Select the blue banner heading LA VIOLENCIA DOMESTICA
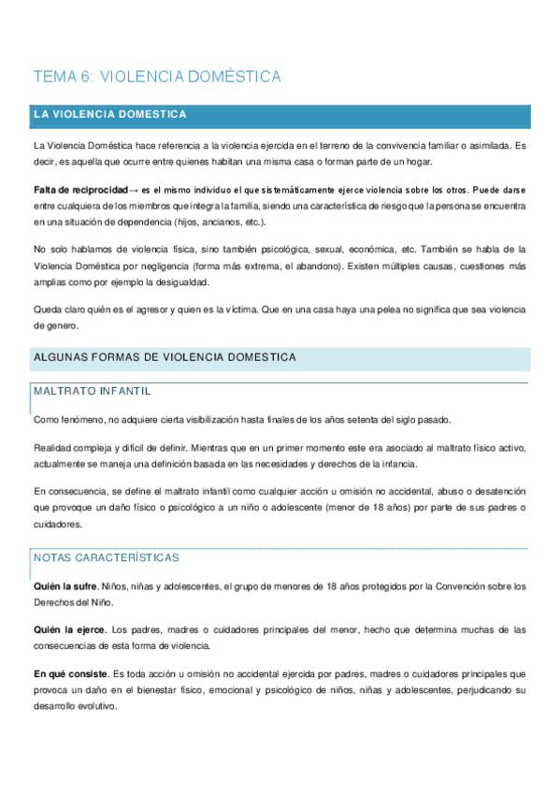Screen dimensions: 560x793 [x=109, y=115]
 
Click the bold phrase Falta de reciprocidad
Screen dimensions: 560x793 [x=79, y=189]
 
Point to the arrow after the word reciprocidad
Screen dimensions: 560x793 [x=133, y=189]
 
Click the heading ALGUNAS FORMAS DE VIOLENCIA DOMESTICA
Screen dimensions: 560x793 [x=165, y=357]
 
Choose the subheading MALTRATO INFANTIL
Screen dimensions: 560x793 [x=92, y=391]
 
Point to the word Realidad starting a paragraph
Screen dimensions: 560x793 [x=53, y=448]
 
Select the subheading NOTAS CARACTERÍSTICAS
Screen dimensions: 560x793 [x=106, y=557]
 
